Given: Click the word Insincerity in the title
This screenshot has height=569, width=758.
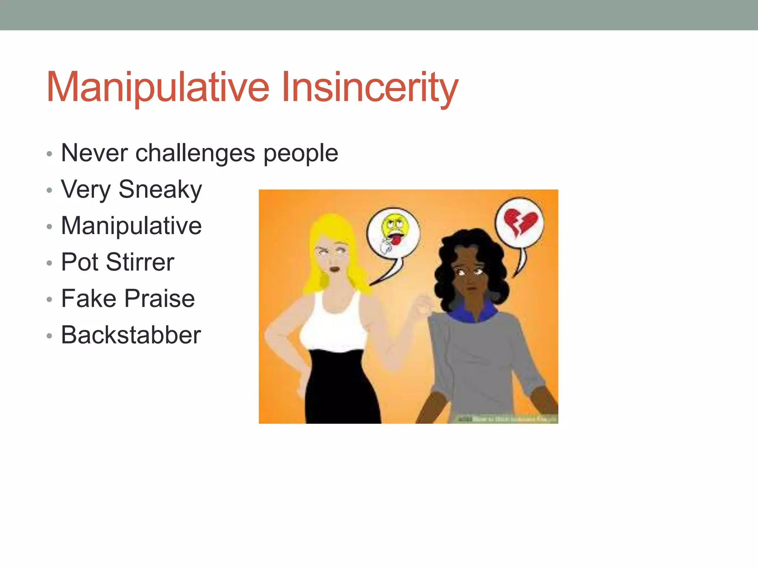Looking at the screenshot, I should (x=369, y=87).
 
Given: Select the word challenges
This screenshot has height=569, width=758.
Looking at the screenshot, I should (x=195, y=153).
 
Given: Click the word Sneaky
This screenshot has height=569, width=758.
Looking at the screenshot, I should (x=160, y=189).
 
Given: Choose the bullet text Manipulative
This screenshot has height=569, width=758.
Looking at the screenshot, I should (x=131, y=226).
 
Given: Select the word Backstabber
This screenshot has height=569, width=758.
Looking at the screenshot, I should (x=131, y=335).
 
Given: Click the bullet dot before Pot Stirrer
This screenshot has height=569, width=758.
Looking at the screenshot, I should (x=50, y=263).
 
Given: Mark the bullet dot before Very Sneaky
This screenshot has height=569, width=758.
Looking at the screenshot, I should (x=50, y=190).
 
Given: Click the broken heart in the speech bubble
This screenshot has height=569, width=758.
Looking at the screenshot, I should (x=520, y=222).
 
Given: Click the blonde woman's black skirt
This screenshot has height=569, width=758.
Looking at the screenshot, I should (x=342, y=389).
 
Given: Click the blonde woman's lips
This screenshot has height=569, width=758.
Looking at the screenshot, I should (x=335, y=269).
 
